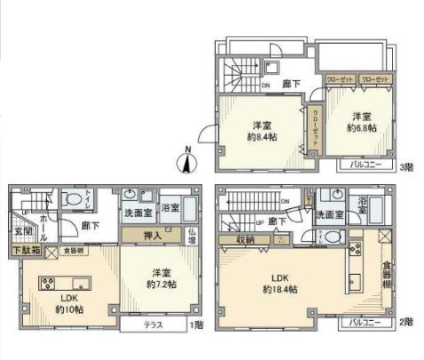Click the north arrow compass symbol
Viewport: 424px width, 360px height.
coord(188,161)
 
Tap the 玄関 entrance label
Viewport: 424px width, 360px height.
coord(23,233)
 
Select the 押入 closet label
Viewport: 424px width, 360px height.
coord(153,235)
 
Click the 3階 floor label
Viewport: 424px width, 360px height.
coord(406,165)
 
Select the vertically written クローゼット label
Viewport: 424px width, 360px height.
coord(316,127)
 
